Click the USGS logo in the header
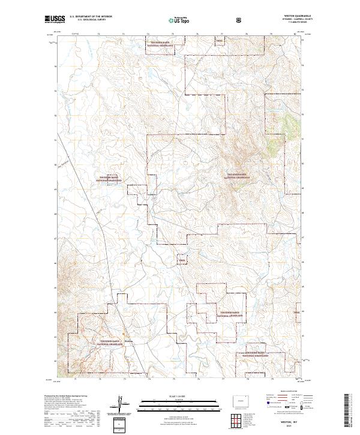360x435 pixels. click(x=55, y=20)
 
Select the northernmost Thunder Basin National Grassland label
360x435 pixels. click(x=161, y=43)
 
